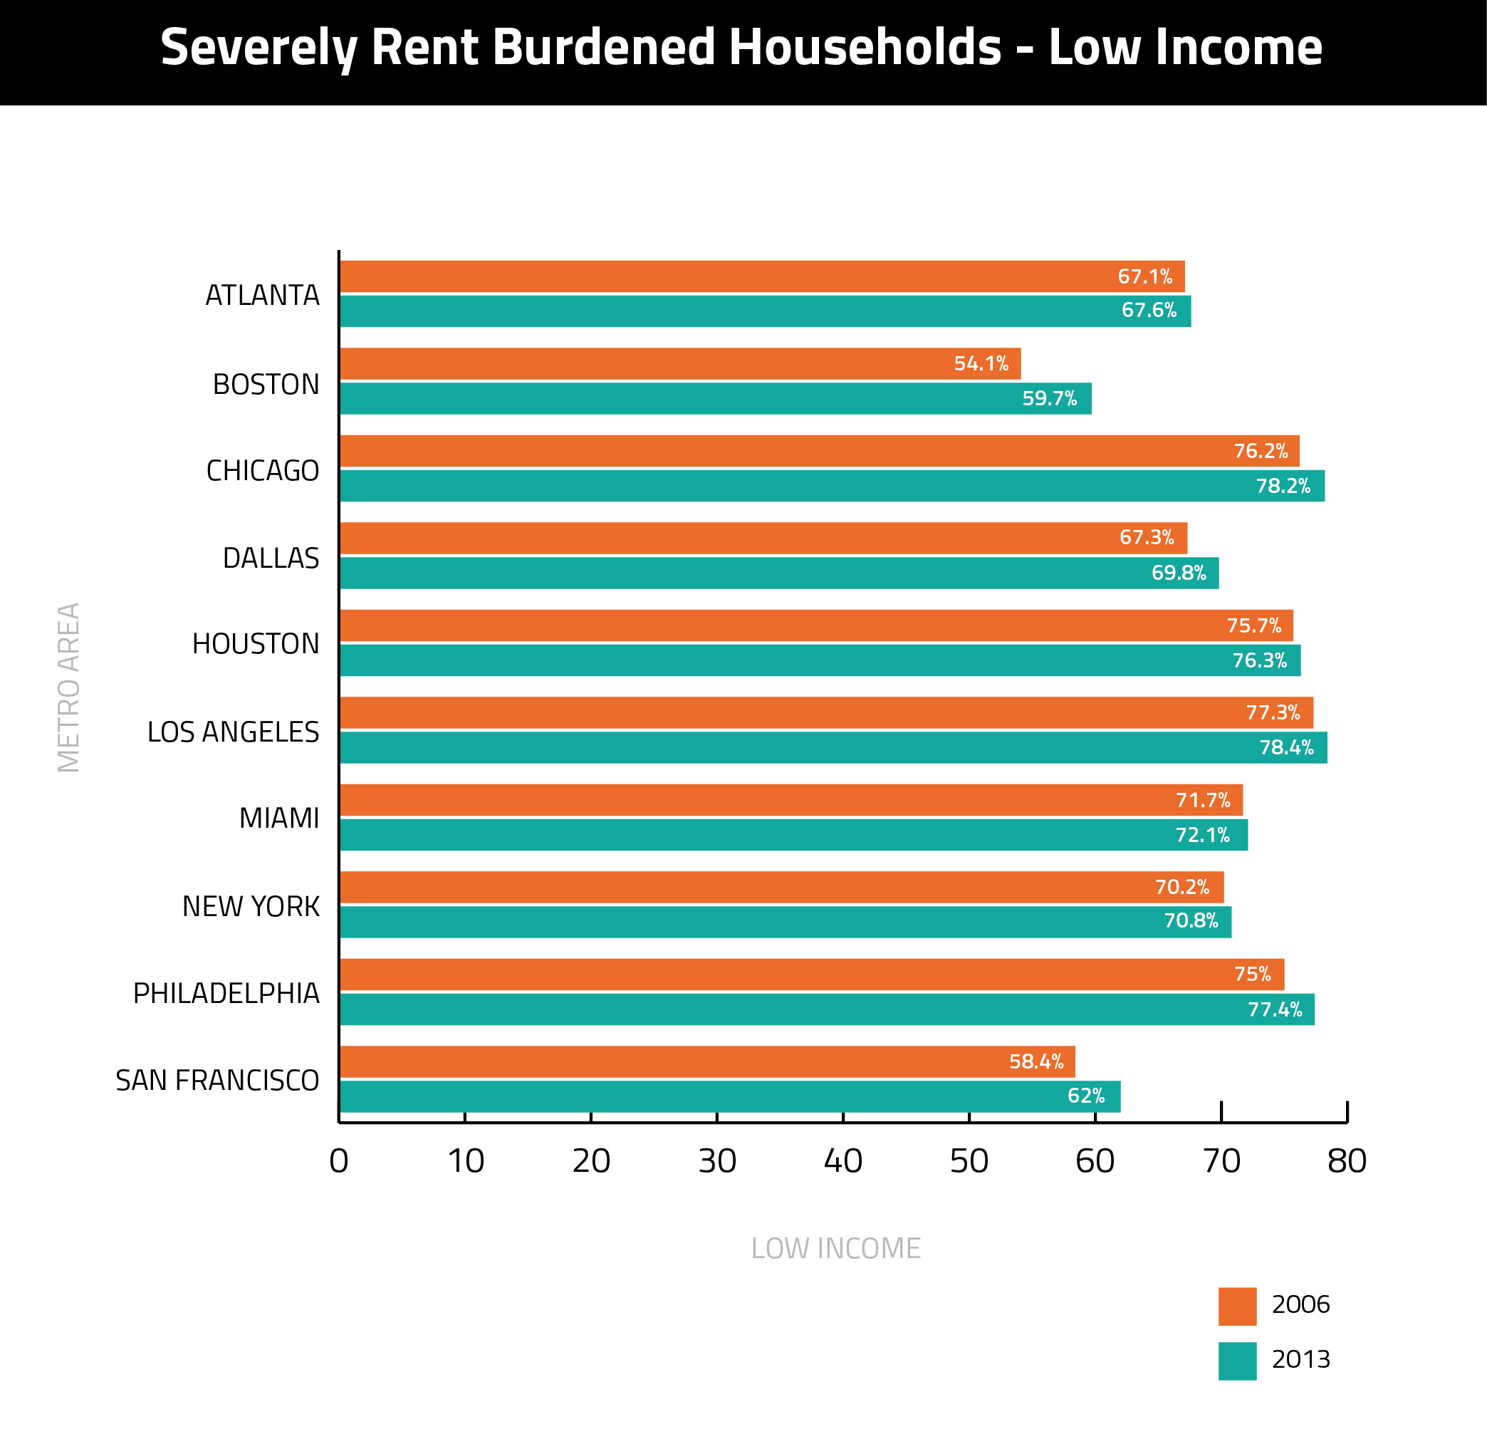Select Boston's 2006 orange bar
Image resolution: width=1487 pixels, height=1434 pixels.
point(680,363)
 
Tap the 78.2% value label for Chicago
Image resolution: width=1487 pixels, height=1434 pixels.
point(1282,486)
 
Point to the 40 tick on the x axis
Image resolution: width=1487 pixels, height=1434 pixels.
point(843,1161)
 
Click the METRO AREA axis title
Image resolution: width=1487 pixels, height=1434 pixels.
point(69,687)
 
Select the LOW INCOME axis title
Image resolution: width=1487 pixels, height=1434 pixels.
point(835,1248)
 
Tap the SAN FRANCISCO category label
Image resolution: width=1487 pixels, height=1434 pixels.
point(217,1081)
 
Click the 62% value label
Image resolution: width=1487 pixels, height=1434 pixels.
point(1085,1096)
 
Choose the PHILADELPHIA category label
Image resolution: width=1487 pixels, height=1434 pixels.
point(226,993)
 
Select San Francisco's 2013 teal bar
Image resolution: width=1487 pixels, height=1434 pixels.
point(730,1096)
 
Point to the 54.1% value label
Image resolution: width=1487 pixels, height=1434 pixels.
point(981,363)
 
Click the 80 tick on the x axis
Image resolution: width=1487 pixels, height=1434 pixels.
point(1347,1161)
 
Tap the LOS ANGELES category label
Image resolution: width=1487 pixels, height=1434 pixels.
point(233,732)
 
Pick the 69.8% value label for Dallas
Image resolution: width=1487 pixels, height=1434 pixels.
point(1178,573)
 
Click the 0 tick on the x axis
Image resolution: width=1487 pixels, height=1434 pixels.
point(339,1161)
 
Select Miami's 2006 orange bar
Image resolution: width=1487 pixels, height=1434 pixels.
point(791,800)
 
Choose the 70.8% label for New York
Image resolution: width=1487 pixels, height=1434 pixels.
point(1190,921)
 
